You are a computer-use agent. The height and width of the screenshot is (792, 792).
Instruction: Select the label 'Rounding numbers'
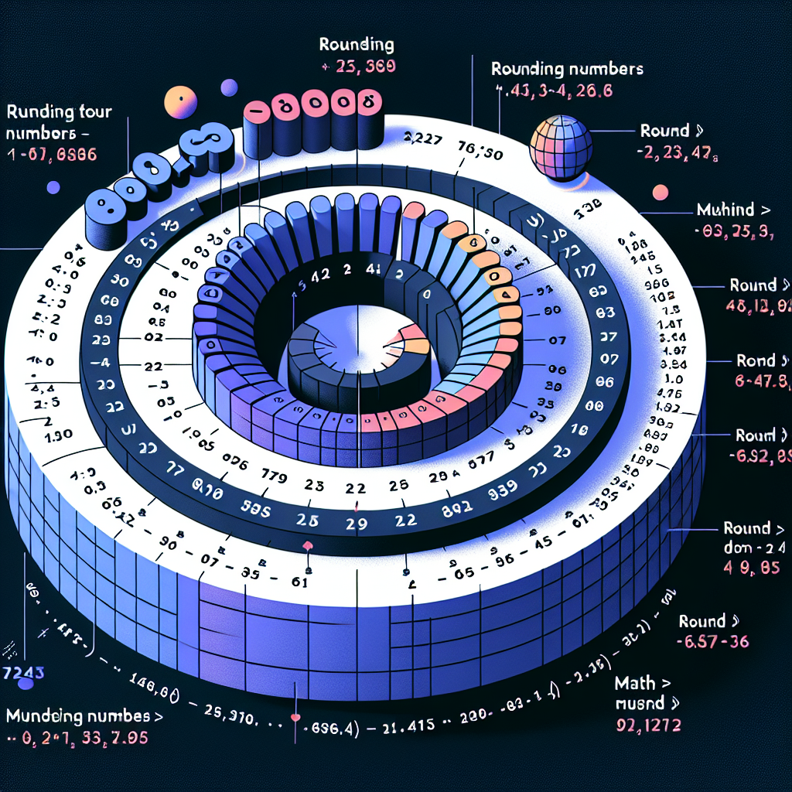[567, 69]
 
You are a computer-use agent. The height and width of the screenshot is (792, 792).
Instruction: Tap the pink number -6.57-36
[711, 642]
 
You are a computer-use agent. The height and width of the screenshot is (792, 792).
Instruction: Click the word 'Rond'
[756, 361]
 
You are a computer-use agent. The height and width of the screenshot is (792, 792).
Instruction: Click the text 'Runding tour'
[58, 112]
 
